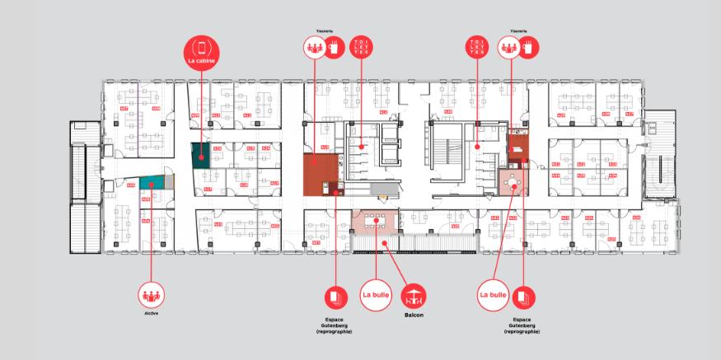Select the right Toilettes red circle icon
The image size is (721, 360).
point(476,49)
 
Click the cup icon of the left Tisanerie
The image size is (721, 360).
point(333,49)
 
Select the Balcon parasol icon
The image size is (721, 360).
point(413,295)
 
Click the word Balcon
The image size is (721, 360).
point(413,314)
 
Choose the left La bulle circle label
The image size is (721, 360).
point(376,295)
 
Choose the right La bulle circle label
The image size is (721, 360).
point(493,295)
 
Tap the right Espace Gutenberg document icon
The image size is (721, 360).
point(527,295)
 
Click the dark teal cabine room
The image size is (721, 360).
point(201,155)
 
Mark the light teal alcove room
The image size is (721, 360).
point(151,183)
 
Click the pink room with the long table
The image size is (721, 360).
point(376,221)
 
